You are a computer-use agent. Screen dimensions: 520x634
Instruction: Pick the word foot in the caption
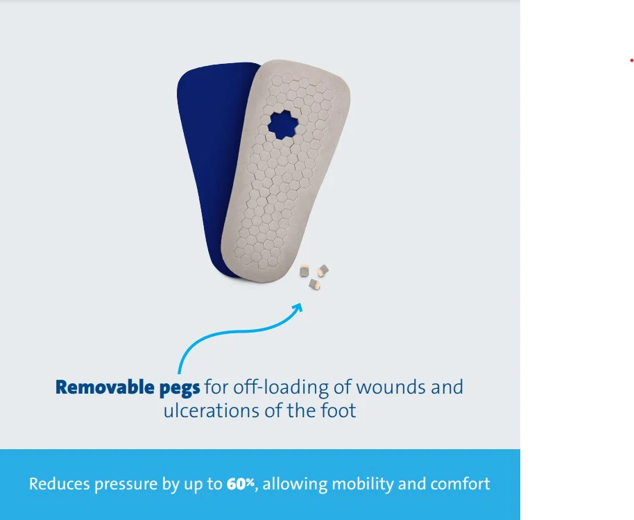tap(339, 410)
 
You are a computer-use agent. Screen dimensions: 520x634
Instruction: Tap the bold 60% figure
tap(241, 484)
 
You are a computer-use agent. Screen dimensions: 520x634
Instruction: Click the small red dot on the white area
tap(631, 60)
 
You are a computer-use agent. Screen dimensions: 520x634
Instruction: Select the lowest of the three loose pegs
tap(314, 283)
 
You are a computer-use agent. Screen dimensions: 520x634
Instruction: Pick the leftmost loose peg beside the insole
tap(305, 271)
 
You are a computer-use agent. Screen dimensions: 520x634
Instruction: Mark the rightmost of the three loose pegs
tap(323, 269)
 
